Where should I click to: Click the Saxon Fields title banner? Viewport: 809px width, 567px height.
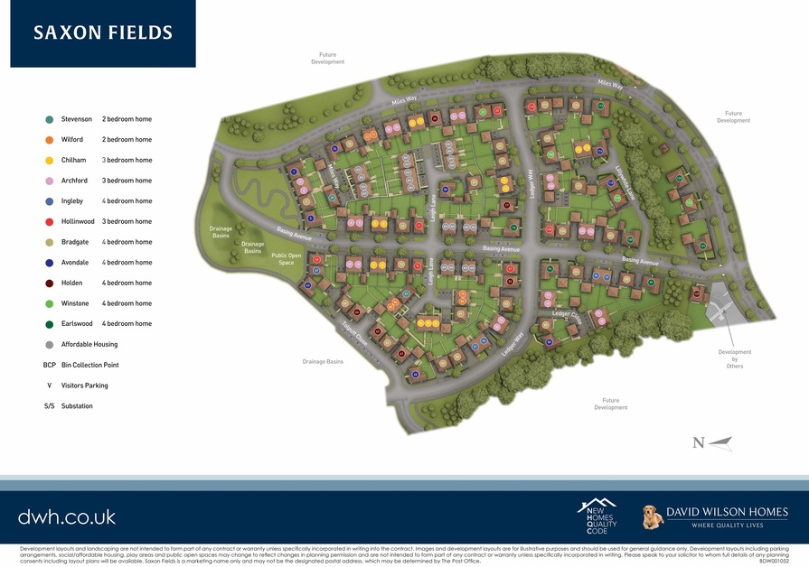coord(103,33)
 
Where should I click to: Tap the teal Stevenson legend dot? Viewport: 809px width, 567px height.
coord(49,119)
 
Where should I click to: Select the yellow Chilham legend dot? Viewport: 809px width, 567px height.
coord(49,160)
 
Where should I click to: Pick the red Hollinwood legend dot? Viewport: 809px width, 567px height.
coord(49,221)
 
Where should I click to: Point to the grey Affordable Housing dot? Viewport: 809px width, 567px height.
coord(49,344)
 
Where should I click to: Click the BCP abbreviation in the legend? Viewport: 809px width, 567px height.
coord(49,365)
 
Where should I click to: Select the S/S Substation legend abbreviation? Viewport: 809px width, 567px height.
coord(49,406)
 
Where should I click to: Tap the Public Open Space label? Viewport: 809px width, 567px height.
coord(287,259)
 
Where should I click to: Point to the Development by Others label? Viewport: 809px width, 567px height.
coord(735,358)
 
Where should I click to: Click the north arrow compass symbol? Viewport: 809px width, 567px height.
coord(712,442)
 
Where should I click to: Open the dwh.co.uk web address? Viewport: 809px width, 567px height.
coord(67,517)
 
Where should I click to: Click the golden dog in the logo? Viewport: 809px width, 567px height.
coord(652,517)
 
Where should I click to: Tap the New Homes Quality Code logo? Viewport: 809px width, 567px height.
coord(597,516)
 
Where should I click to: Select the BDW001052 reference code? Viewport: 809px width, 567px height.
coord(773,561)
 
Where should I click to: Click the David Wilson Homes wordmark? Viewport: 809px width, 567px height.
coord(727,513)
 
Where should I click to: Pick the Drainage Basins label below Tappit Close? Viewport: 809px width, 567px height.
coord(323,361)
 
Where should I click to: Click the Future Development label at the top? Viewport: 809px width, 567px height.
coord(327,59)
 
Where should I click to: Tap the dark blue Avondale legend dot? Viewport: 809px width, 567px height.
coord(49,263)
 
